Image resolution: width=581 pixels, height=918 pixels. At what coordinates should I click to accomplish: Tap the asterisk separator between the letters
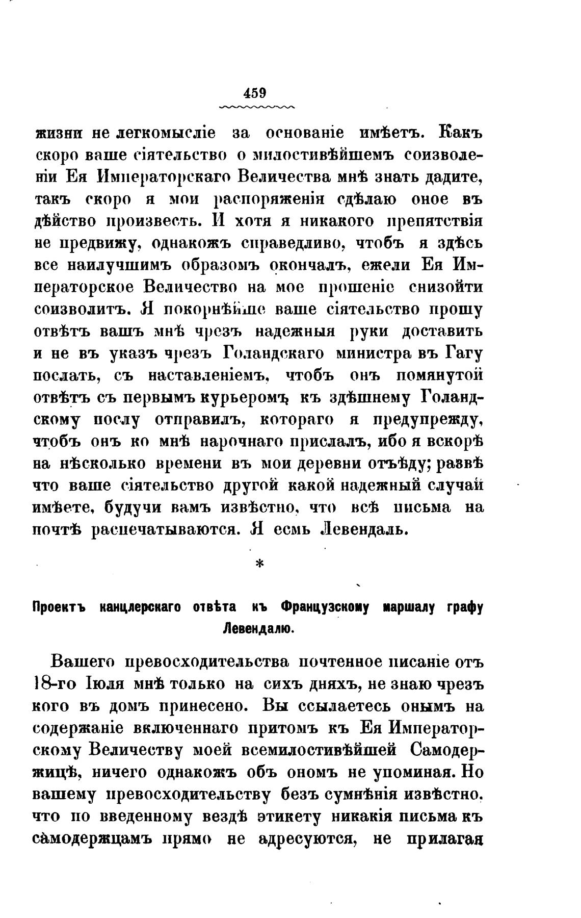coord(258,565)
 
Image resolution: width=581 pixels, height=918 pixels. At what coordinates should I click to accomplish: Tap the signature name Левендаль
coord(363,530)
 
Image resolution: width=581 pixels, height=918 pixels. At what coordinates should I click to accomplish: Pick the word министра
coord(369,353)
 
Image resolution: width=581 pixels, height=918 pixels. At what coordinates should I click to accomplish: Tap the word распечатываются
coord(164,530)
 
